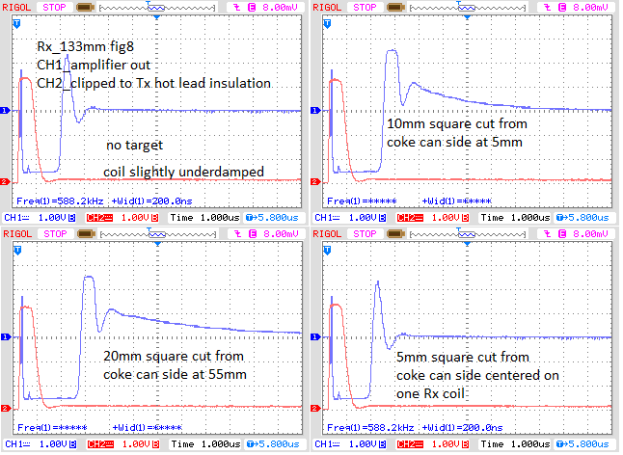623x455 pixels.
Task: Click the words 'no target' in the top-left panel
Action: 135,146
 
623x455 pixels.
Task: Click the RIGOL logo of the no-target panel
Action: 22,6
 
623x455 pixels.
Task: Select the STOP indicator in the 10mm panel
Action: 366,6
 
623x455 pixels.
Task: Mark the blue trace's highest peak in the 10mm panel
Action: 391,51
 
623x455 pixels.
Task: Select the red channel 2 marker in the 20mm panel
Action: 7,408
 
